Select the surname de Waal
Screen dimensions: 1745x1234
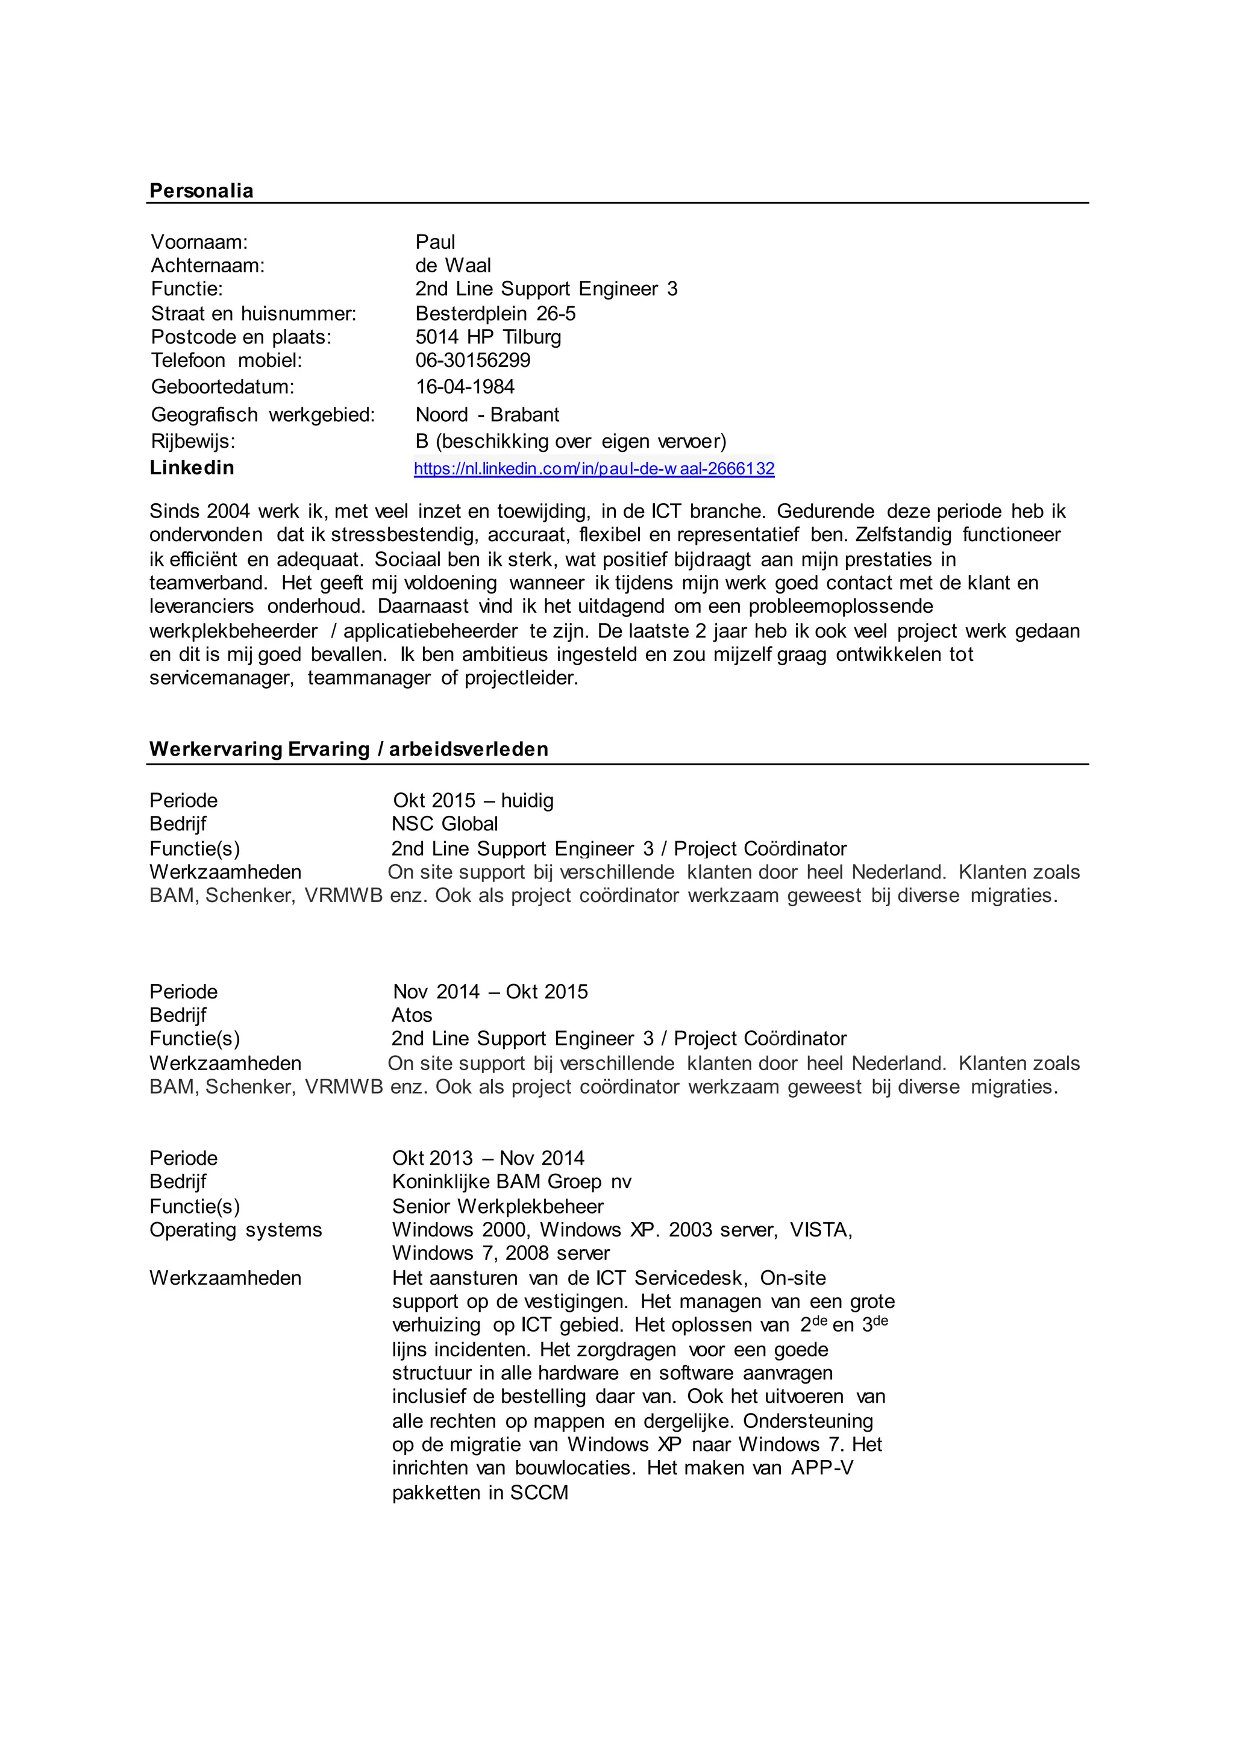click(x=453, y=265)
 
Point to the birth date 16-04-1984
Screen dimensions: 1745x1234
click(x=465, y=387)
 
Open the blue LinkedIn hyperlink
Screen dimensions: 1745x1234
click(x=594, y=468)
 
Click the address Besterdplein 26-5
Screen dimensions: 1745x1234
click(x=495, y=313)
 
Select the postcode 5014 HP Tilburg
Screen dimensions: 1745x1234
click(x=488, y=337)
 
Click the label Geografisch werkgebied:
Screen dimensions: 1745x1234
click(x=263, y=415)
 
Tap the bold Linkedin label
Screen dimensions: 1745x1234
click(x=192, y=468)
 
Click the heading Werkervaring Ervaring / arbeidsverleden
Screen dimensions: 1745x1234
click(x=348, y=750)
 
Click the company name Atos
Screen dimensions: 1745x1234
click(x=412, y=1015)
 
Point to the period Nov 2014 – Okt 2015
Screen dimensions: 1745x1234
click(x=490, y=992)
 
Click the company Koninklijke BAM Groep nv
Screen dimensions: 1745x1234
click(x=512, y=1182)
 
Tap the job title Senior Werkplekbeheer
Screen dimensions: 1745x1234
click(x=498, y=1206)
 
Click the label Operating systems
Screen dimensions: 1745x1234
click(x=236, y=1230)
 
